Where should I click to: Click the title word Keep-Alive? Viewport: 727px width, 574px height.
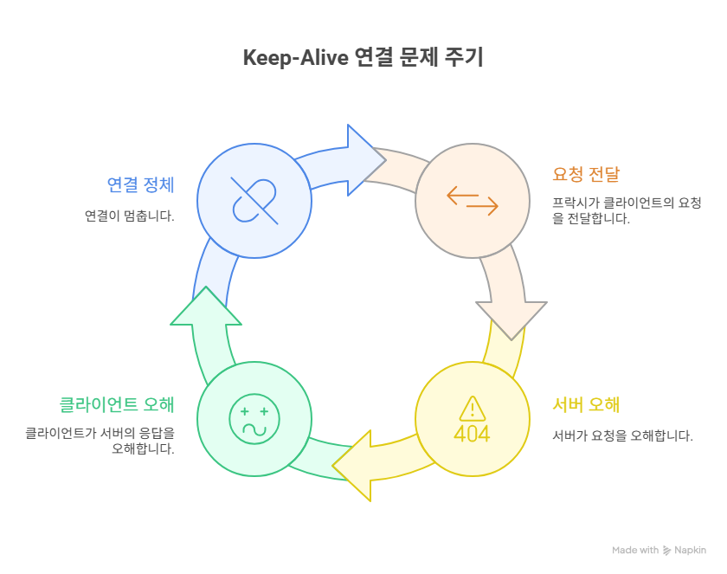[295, 59]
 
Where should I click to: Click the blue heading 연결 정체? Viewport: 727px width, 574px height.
[140, 184]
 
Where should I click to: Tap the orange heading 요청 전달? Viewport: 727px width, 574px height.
[586, 174]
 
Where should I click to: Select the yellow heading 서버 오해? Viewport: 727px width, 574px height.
[586, 404]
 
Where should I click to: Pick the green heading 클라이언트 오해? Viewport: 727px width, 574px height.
[116, 404]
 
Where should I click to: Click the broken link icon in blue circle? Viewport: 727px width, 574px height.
[254, 201]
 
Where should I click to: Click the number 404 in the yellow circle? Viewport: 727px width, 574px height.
[472, 433]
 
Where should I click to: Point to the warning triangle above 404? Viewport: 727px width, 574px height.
[472, 407]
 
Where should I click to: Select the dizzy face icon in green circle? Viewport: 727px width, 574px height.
[254, 420]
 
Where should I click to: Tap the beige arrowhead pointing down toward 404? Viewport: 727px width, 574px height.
[511, 317]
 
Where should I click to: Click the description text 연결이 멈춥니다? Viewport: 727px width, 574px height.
[129, 216]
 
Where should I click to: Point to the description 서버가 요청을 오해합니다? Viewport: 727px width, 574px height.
[622, 435]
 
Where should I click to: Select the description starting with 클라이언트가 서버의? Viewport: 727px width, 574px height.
[100, 441]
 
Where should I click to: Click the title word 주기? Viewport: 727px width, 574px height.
[466, 59]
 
